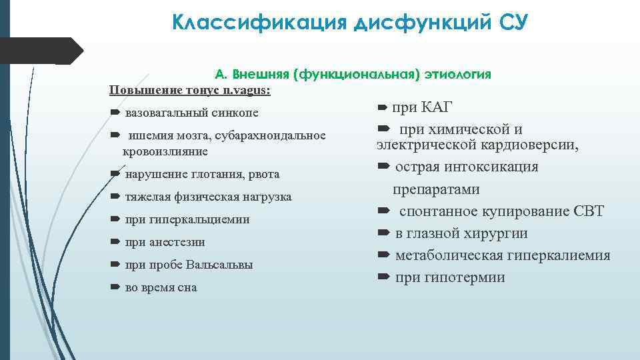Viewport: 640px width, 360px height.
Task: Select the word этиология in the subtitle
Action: click(458, 74)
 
